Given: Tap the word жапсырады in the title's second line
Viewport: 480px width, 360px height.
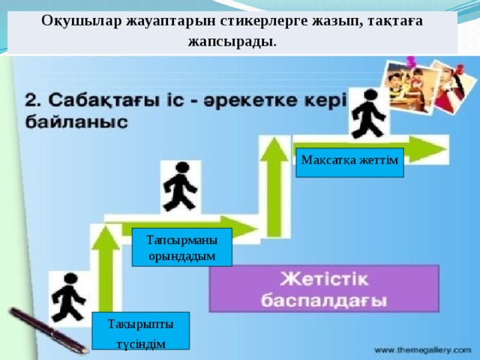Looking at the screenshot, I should coord(232,39).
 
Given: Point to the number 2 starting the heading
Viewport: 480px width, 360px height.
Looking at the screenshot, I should coord(32,100).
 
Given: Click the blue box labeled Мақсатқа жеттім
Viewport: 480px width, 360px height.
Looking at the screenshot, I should coord(349,162).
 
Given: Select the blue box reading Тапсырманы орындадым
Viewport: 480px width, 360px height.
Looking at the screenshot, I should coord(181,247).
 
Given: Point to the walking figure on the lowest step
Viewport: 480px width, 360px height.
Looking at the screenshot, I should coord(68,296).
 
